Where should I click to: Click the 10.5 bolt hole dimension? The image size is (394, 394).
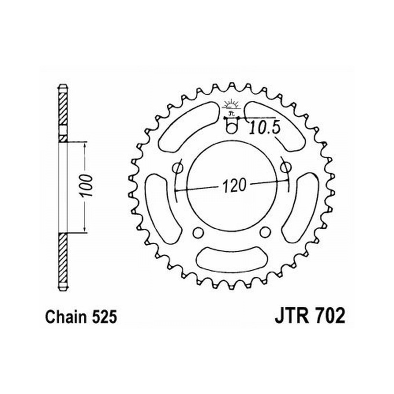[265, 128]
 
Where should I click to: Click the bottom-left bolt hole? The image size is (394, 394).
[198, 232]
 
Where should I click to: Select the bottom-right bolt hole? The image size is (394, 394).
[265, 232]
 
